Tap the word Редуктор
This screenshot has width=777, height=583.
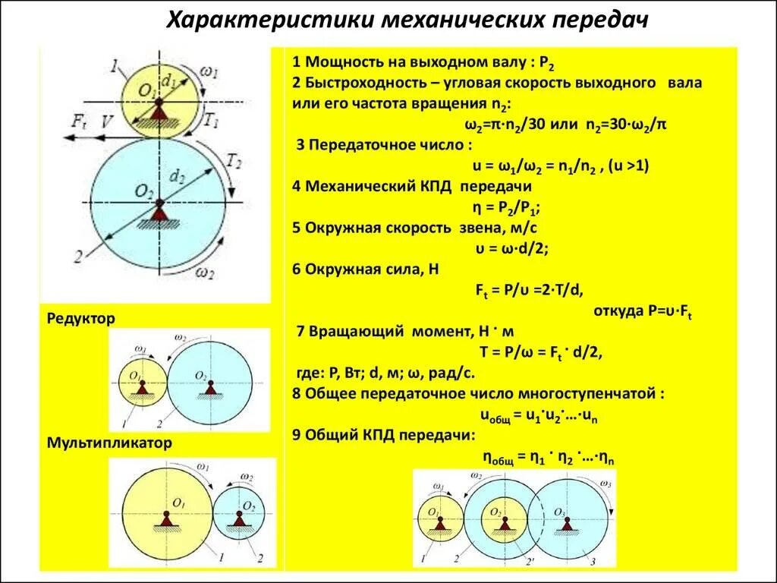click(x=80, y=319)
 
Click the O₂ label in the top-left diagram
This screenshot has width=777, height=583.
click(x=145, y=191)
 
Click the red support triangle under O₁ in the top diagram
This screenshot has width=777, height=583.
click(x=159, y=112)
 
